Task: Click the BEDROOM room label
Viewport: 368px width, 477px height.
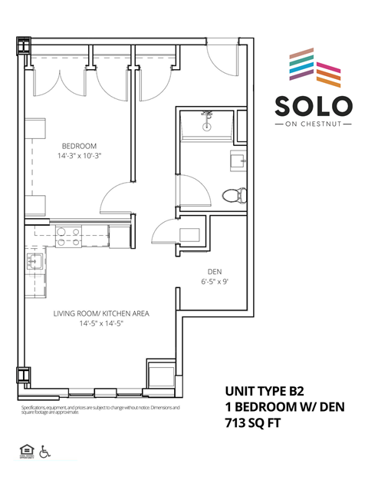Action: (79, 146)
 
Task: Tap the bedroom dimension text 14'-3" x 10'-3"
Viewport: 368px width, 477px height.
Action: (79, 156)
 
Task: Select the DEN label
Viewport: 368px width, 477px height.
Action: (215, 272)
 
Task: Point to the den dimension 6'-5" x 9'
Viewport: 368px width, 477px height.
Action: (215, 282)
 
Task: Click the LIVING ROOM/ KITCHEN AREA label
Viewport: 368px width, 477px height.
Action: (100, 313)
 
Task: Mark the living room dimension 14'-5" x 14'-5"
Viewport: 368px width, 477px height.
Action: (100, 323)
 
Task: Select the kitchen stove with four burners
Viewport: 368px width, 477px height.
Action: (71, 232)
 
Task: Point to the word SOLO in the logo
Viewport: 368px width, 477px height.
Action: (313, 105)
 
